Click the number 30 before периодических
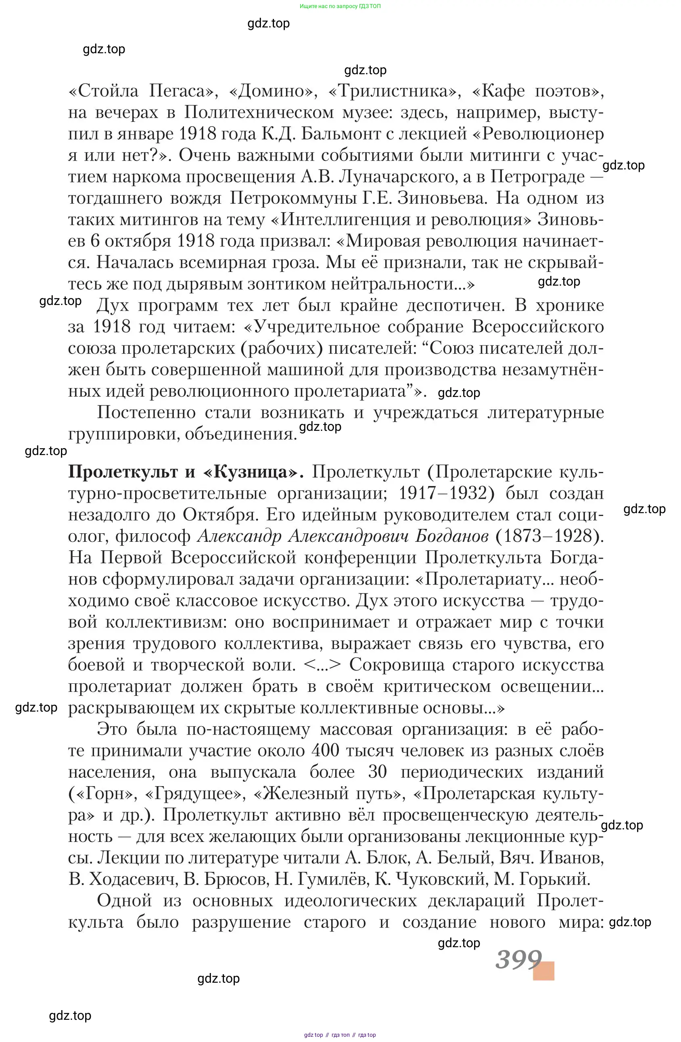coord(378,772)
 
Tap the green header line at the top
coord(340,6)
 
